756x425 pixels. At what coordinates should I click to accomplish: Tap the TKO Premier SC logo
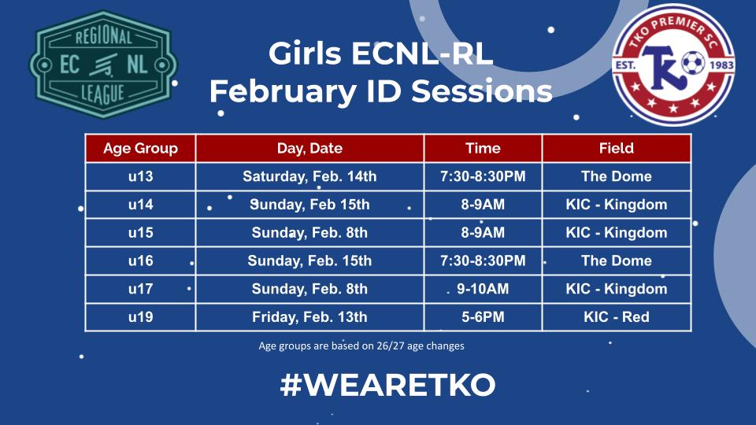tap(674, 66)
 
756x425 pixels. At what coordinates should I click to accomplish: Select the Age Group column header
tap(140, 148)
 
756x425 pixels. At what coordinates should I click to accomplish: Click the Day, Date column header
tap(309, 148)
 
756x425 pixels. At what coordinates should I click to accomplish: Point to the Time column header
tap(483, 148)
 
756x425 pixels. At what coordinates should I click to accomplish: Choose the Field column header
tap(616, 148)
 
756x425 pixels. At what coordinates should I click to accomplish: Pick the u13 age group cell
tap(140, 176)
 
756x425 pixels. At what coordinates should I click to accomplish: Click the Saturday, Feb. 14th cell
tap(309, 176)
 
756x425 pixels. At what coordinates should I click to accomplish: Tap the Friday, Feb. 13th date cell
tap(309, 317)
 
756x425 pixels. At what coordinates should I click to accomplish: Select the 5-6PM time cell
tap(483, 317)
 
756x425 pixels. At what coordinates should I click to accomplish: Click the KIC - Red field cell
tap(616, 317)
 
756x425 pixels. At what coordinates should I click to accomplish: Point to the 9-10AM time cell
tap(483, 289)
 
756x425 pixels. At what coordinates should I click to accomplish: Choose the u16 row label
tap(140, 261)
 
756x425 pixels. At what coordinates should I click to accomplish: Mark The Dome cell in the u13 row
tap(616, 176)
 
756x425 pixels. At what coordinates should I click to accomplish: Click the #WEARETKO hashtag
tap(387, 385)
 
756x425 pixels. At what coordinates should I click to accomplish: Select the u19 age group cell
tap(140, 317)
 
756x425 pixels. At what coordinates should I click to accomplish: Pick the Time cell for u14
tap(483, 205)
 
